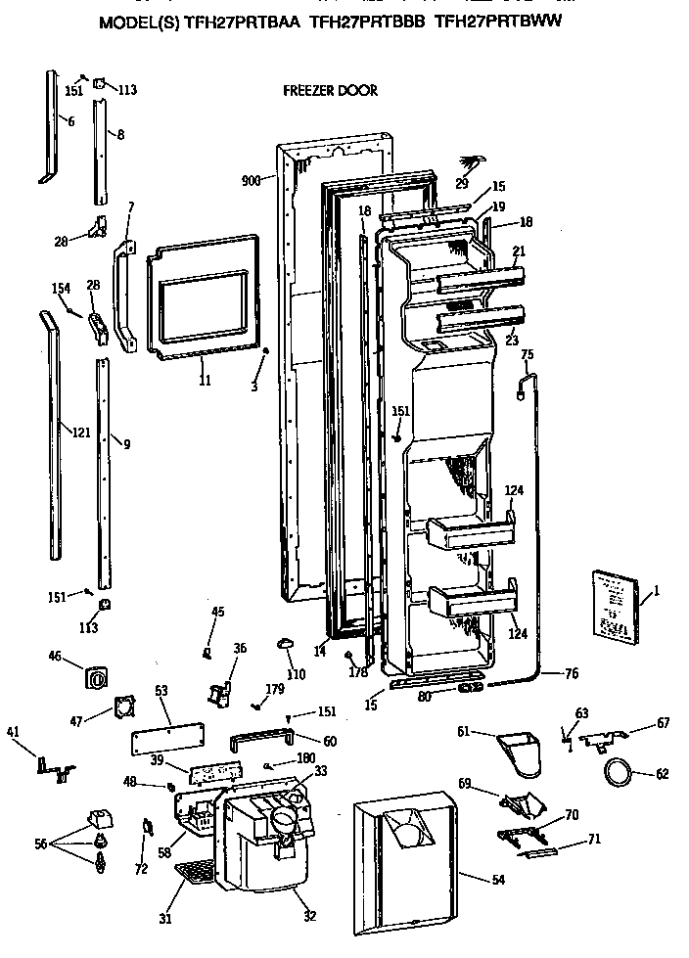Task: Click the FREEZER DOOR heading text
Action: tap(329, 91)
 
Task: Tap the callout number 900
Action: tap(251, 181)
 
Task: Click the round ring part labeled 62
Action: tap(617, 773)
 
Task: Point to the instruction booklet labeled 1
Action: tap(615, 607)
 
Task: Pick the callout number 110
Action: tap(296, 674)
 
